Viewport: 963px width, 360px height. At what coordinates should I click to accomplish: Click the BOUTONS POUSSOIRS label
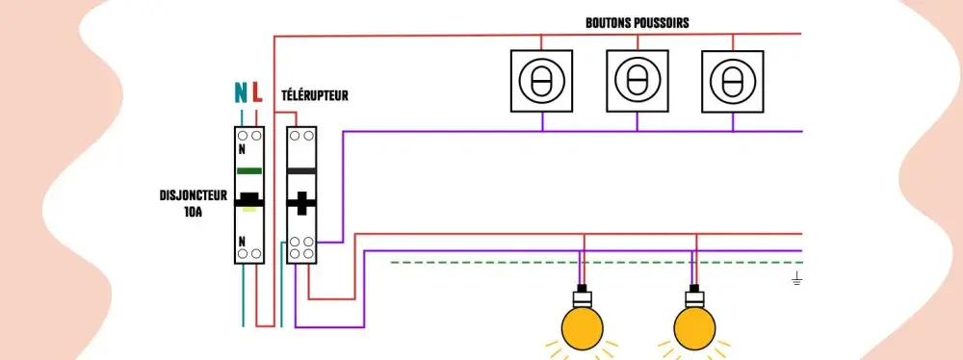tap(637, 23)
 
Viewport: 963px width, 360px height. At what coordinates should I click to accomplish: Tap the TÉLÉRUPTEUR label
tap(315, 96)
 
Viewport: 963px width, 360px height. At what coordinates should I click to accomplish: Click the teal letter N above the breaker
tap(241, 92)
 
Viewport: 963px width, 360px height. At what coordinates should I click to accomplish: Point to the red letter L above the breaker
tap(257, 92)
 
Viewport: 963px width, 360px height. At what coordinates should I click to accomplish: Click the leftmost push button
tap(541, 81)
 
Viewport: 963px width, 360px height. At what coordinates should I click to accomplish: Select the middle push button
tap(638, 81)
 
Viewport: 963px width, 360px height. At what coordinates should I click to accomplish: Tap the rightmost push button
tap(733, 81)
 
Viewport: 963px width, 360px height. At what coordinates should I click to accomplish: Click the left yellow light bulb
tap(583, 328)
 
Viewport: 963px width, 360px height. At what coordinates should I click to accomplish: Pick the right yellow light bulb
tap(694, 328)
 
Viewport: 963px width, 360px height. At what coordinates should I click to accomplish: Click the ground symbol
tap(797, 278)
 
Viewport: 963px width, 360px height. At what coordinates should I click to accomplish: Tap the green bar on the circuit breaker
tap(249, 170)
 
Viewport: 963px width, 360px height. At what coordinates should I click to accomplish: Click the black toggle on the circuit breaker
tap(249, 199)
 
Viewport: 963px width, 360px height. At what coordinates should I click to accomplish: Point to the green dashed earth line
tap(596, 263)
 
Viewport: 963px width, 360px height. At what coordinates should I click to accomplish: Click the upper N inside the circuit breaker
tap(242, 149)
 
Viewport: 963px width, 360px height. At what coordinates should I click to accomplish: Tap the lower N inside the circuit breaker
tap(242, 241)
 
